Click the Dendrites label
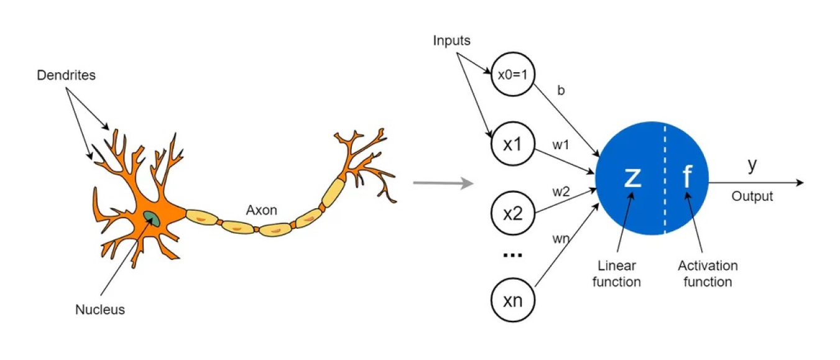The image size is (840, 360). coord(65,75)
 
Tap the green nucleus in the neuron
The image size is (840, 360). coord(151,218)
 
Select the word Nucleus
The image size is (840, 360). coord(99,309)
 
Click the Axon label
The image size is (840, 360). coord(261,210)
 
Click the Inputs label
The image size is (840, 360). coord(452,41)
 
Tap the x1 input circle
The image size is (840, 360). coord(512,144)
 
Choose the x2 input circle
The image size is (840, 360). coord(512,215)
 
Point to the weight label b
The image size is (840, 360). coord(561,91)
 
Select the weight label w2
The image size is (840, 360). coord(561,191)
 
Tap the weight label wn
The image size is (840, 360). coord(561,238)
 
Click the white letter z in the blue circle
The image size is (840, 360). coord(632,177)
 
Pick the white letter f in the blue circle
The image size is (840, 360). coord(687,177)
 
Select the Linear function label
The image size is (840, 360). coord(616,274)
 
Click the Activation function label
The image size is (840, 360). coord(708,274)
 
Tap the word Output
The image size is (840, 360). coord(752,196)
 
